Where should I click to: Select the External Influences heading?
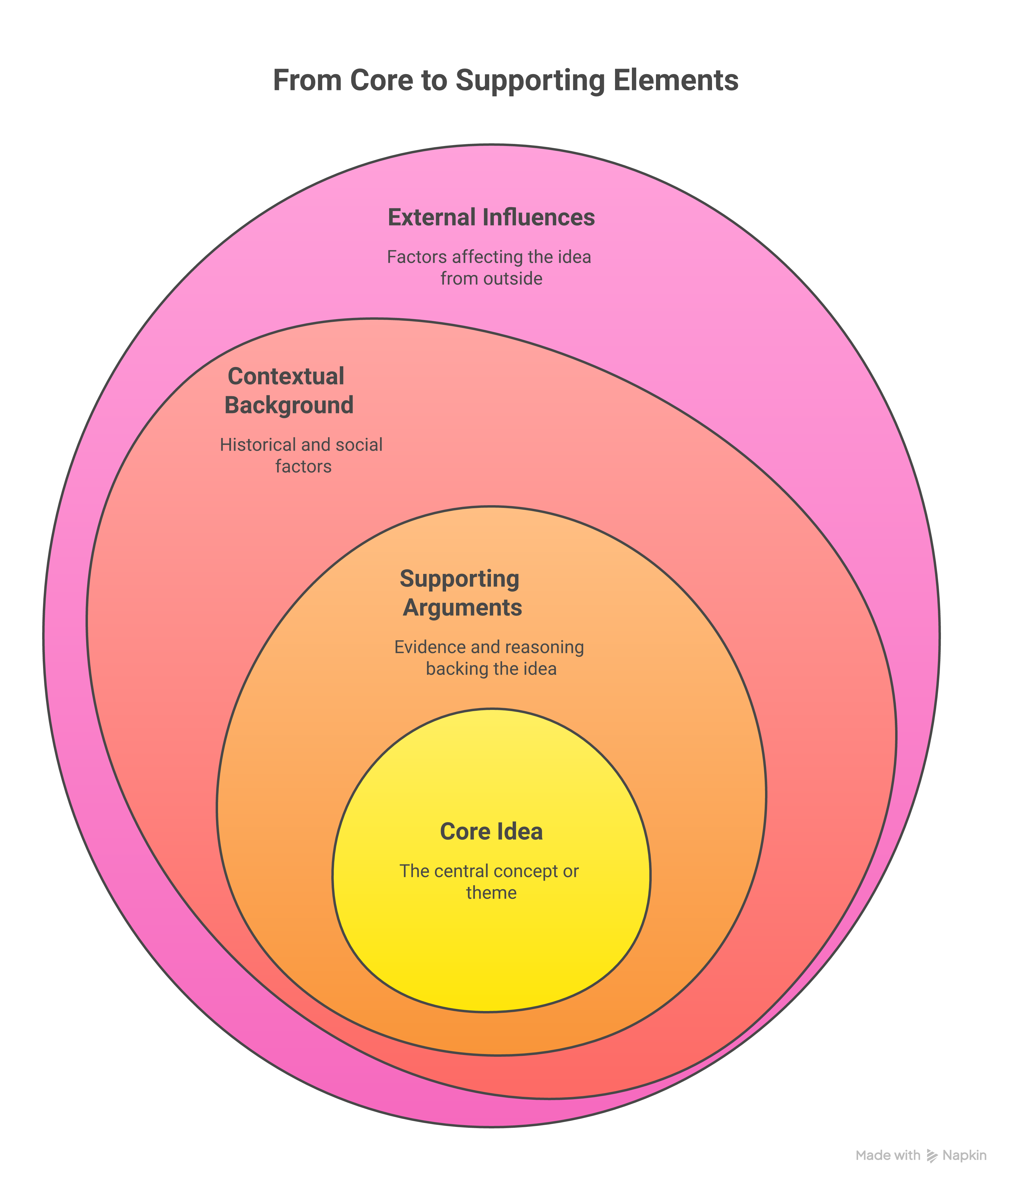coord(491,218)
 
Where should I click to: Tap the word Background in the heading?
coord(289,406)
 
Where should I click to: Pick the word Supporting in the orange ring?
coord(459,579)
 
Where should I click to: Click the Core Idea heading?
coord(491,832)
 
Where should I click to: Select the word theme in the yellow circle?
coord(491,893)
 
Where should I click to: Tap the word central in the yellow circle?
coord(461,871)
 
